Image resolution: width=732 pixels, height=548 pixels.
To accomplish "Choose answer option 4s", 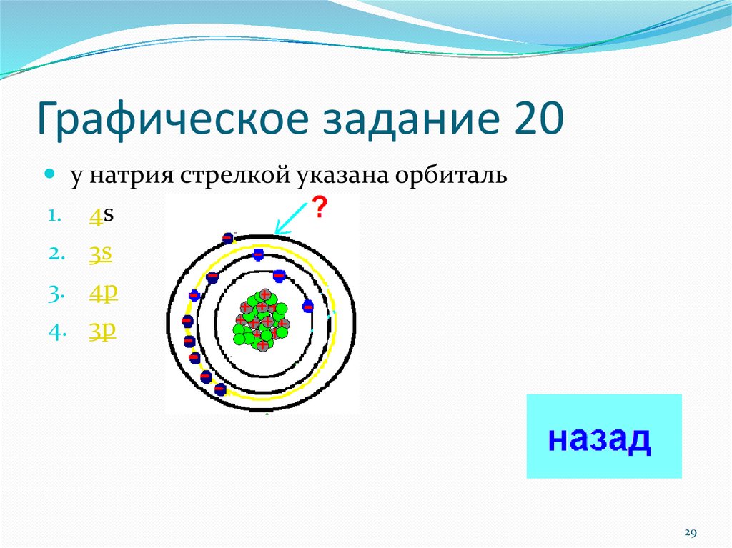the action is pos(102,216).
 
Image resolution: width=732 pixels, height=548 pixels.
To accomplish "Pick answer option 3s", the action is pos(100,254).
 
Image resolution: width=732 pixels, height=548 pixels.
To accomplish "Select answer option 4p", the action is pos(103,293).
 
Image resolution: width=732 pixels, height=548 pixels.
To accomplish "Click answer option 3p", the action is pos(102,332).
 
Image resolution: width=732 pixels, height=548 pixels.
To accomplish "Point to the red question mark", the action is pos(320,208).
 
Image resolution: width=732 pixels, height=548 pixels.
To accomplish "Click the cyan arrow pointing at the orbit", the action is pos(292,219).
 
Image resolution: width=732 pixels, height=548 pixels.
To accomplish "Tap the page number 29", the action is pos(691,532).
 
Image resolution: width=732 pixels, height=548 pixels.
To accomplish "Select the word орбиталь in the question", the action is pos(451,176).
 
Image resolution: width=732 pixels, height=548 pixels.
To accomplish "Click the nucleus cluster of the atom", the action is pos(262,320).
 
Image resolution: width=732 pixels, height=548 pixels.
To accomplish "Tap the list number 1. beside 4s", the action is pos(54,216).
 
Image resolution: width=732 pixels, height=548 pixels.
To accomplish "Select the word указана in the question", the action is pos(342,176).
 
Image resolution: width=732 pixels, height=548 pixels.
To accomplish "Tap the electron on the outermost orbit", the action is pos(227,239).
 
